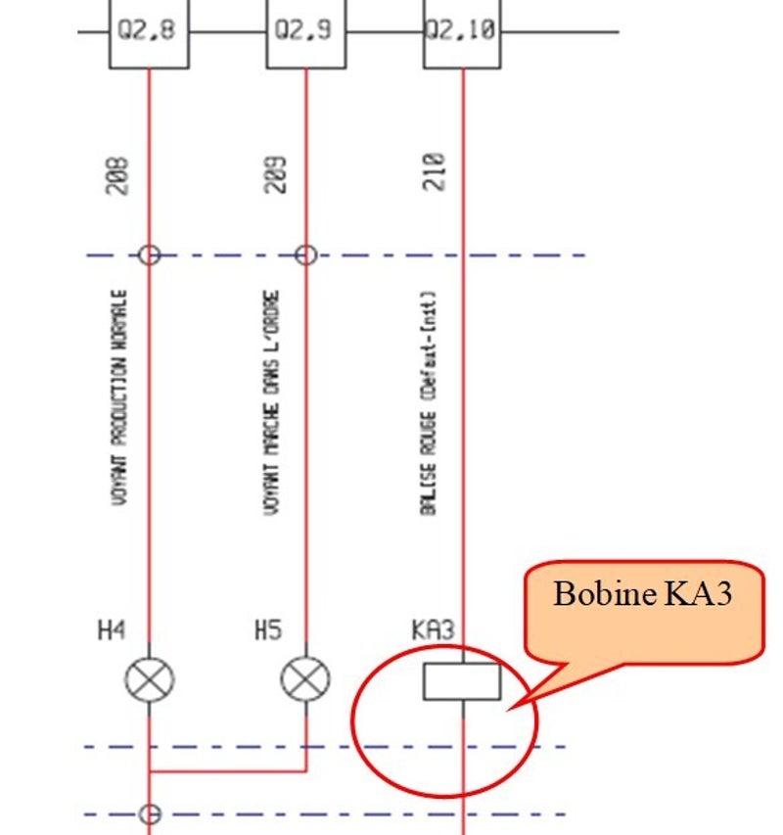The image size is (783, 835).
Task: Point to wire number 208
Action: click(119, 174)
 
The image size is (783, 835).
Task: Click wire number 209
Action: click(278, 174)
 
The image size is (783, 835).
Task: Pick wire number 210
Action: click(435, 172)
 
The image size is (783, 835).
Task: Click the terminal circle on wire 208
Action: click(149, 255)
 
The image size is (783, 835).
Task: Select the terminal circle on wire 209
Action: click(306, 255)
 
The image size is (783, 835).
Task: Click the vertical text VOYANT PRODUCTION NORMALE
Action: click(119, 396)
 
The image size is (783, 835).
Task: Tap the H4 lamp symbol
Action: click(149, 679)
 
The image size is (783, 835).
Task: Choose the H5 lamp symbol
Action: click(306, 679)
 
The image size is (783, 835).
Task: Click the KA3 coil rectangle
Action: click(462, 681)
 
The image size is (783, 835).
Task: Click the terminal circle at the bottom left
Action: click(149, 813)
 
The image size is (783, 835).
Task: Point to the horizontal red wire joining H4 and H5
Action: click(227, 771)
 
